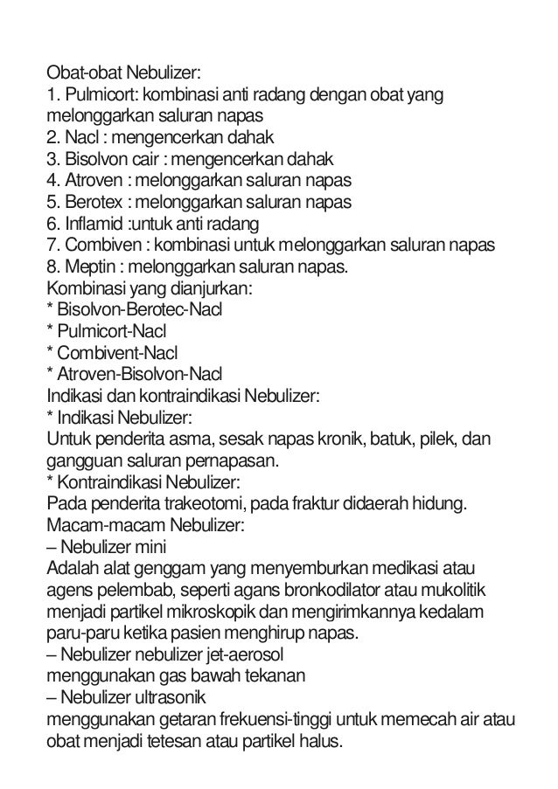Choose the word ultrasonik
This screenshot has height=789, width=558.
pyautogui.click(x=167, y=697)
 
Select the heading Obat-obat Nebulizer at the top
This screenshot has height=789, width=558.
pyautogui.click(x=124, y=73)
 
